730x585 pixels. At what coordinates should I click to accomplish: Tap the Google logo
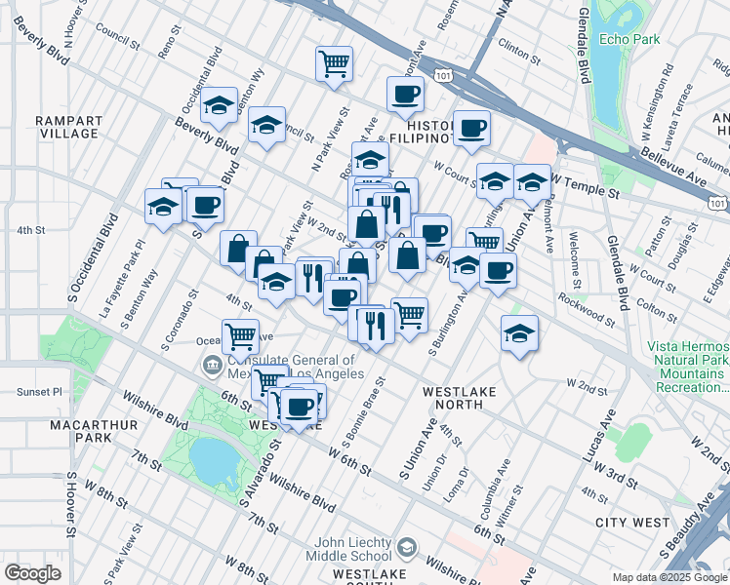(x=32, y=573)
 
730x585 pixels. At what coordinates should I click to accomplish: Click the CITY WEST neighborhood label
(x=637, y=523)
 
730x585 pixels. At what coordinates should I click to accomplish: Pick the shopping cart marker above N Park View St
(x=334, y=62)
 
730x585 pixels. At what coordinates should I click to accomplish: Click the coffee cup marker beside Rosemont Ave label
(x=405, y=94)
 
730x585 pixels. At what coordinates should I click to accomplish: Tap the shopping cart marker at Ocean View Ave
(x=240, y=336)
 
